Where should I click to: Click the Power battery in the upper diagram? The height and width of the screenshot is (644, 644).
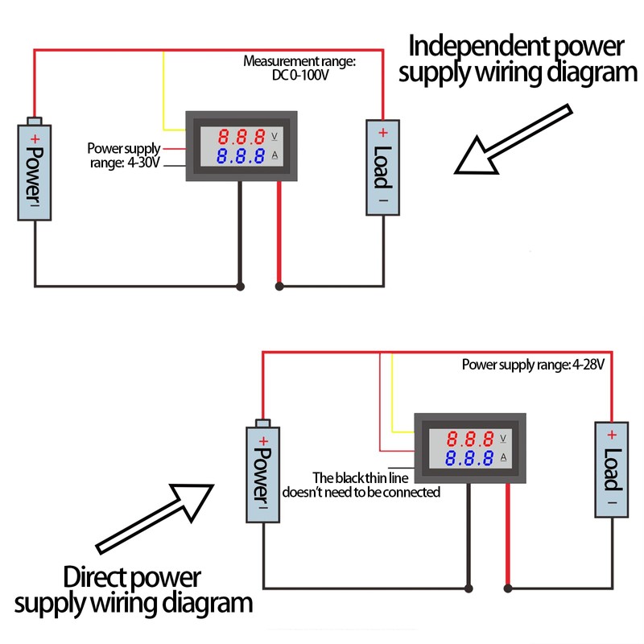(x=34, y=171)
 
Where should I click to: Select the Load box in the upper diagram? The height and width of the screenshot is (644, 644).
(x=383, y=167)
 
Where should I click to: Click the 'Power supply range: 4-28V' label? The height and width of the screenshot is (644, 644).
(x=533, y=365)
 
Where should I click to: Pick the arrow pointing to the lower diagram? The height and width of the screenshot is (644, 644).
(x=153, y=517)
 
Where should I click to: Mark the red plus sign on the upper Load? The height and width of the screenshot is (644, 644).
(x=383, y=133)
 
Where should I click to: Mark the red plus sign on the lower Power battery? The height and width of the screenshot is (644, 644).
(x=262, y=440)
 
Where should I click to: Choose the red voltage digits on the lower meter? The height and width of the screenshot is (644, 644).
(x=470, y=440)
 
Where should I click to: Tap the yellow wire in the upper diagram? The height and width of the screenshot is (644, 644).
(x=164, y=89)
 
